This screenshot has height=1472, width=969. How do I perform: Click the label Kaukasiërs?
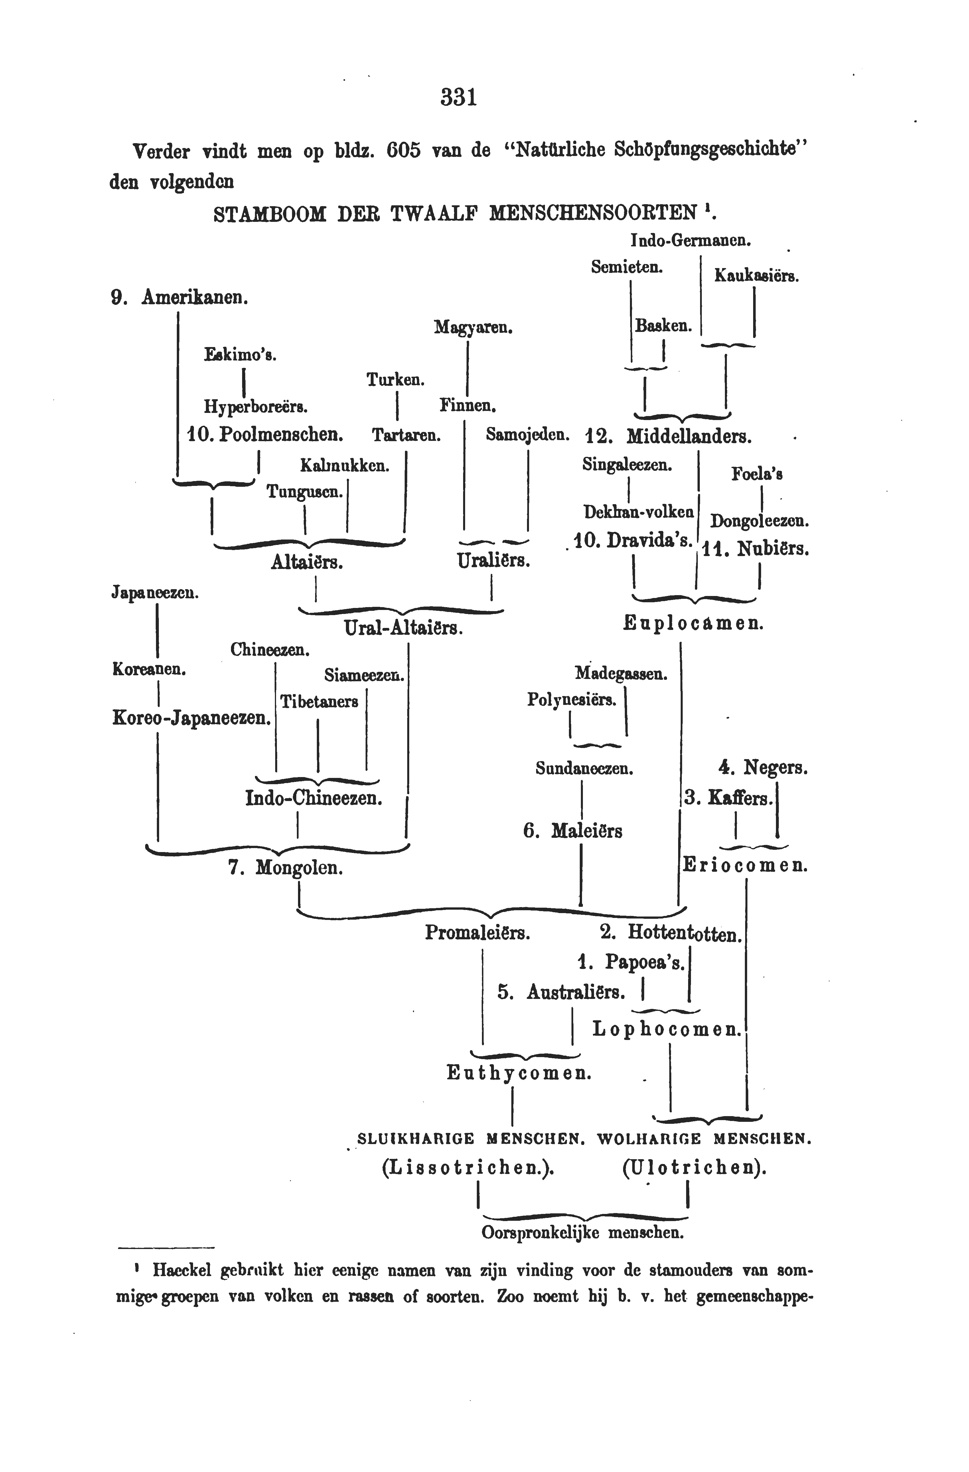click(756, 276)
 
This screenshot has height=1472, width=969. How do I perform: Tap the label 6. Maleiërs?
click(573, 831)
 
